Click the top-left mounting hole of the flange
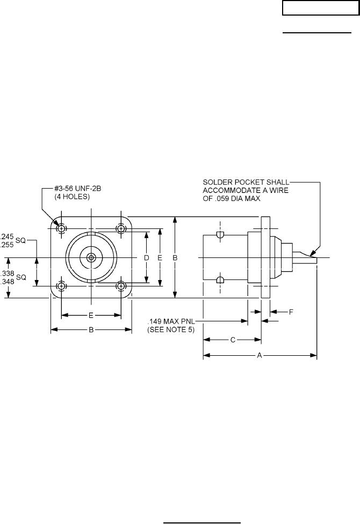(x=62, y=228)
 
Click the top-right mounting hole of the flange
(x=121, y=228)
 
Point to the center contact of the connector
(x=91, y=258)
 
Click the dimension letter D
(x=146, y=258)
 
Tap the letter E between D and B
(x=160, y=258)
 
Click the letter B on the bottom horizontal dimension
(x=91, y=331)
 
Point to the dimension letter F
(x=291, y=312)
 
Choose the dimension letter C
(x=232, y=340)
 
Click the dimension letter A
(x=260, y=355)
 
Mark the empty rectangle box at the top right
(x=314, y=9)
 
